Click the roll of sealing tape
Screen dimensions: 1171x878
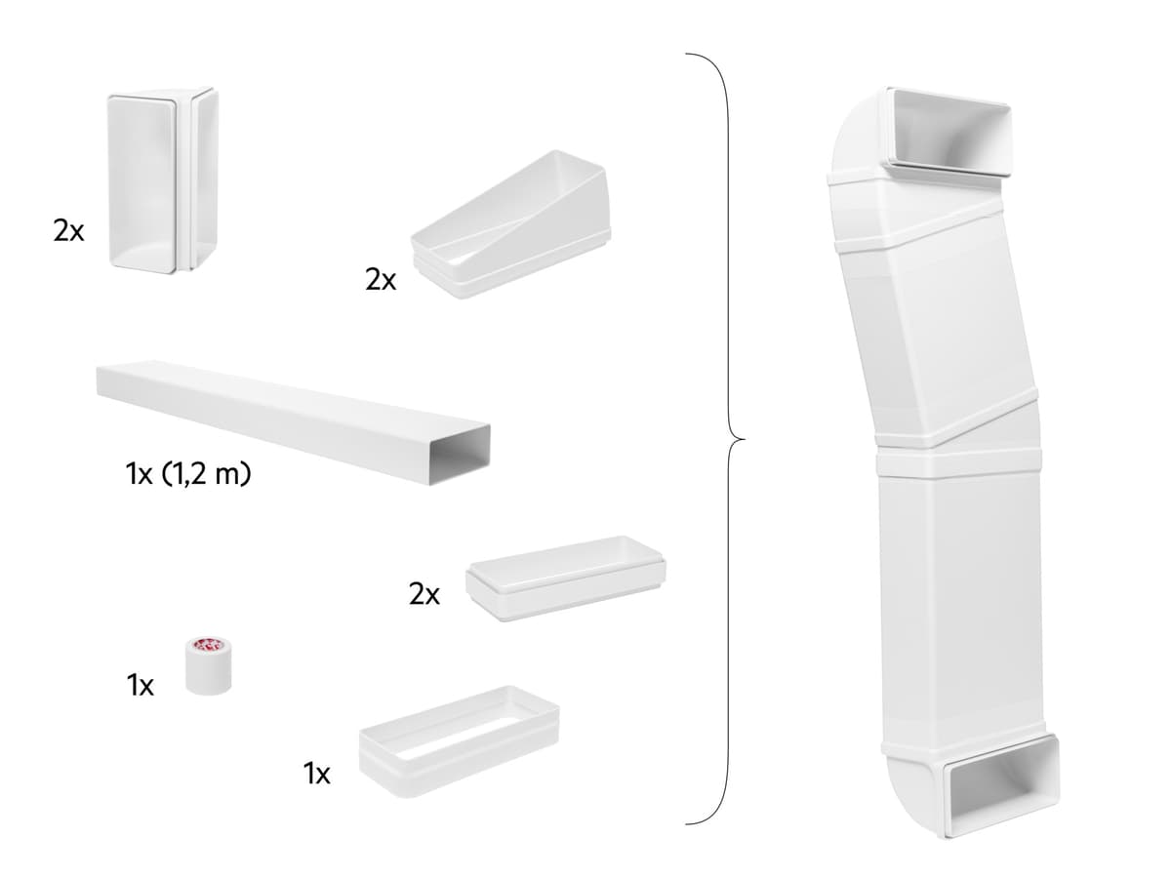coord(208,666)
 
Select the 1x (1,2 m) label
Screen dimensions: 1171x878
coord(188,473)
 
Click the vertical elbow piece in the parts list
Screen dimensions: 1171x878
coord(163,181)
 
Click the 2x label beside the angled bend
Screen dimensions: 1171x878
coord(381,279)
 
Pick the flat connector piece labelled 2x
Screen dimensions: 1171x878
coord(565,579)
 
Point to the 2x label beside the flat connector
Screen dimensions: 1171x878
coord(424,594)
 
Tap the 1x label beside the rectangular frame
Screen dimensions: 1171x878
coord(317,773)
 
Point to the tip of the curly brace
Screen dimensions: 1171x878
coord(746,440)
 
